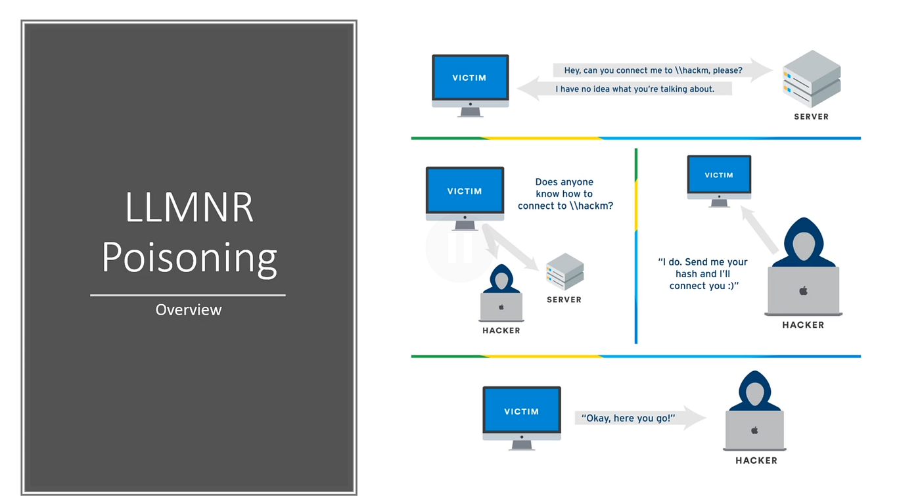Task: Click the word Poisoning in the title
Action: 189,258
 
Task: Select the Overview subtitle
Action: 189,309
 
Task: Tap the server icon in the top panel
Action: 812,78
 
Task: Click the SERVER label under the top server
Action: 812,116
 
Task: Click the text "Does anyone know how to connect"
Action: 564,194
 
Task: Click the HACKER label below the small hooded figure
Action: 501,330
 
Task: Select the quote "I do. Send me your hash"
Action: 703,273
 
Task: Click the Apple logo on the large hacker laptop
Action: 803,290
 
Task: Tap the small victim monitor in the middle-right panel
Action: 719,176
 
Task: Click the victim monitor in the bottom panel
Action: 522,413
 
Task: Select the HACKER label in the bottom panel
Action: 756,461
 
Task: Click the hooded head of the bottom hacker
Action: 754,392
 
